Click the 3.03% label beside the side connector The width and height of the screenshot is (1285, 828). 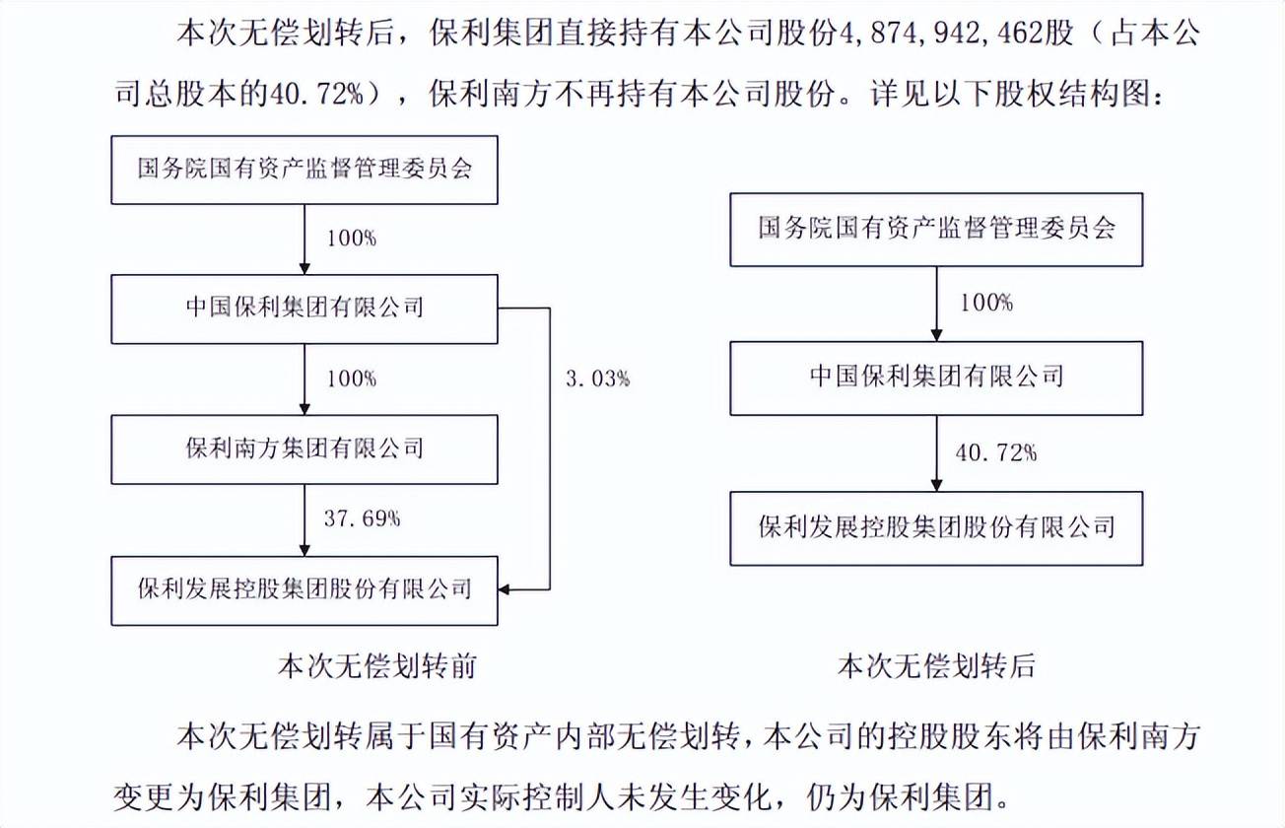pyautogui.click(x=598, y=379)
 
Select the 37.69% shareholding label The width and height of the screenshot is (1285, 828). pyautogui.click(x=362, y=518)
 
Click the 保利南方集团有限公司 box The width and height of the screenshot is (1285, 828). pyautogui.click(x=304, y=448)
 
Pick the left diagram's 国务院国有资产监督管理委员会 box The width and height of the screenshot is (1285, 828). pyautogui.click(x=304, y=169)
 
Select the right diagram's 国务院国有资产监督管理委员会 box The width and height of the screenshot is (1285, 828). pyautogui.click(x=936, y=230)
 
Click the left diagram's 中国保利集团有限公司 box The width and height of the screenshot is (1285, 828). pyautogui.click(x=304, y=308)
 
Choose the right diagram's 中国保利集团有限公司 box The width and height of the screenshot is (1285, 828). pyautogui.click(x=936, y=378)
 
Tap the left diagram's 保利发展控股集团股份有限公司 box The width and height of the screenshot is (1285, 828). pyautogui.click(x=304, y=589)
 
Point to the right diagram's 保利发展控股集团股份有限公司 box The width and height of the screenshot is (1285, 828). pyautogui.click(x=936, y=526)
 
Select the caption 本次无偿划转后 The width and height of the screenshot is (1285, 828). pyautogui.click(x=936, y=666)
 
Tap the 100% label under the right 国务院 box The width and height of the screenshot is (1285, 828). pyautogui.click(x=984, y=303)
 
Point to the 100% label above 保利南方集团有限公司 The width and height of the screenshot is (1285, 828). pyautogui.click(x=349, y=379)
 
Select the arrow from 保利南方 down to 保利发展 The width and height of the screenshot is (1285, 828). pyautogui.click(x=304, y=518)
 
